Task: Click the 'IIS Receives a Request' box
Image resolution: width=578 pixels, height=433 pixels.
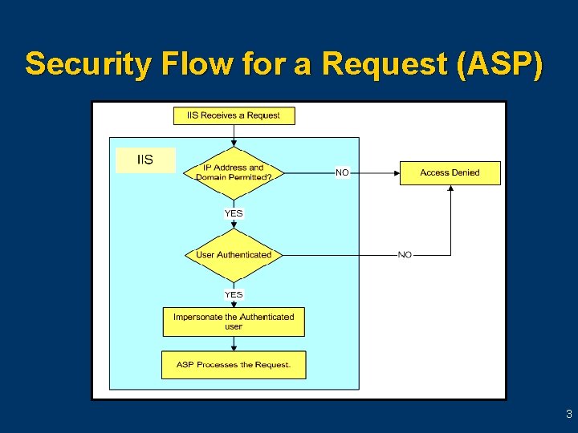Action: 234,115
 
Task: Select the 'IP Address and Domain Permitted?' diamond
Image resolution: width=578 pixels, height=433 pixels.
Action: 234,172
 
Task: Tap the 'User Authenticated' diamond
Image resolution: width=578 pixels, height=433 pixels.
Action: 234,255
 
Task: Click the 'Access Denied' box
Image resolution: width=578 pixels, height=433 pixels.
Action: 450,172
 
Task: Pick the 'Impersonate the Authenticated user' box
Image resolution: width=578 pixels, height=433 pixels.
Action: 234,322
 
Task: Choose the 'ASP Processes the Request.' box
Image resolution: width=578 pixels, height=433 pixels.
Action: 234,365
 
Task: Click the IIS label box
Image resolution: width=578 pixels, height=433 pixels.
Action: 145,160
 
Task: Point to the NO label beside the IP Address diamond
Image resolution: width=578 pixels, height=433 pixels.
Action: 342,172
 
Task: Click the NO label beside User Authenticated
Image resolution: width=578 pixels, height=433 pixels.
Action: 405,255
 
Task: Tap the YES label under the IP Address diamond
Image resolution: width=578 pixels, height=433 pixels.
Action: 234,213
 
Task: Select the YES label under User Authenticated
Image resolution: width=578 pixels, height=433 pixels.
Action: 234,294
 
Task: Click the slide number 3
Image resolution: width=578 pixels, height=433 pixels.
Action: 568,415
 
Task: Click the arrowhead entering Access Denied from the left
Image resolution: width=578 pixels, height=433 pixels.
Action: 396,172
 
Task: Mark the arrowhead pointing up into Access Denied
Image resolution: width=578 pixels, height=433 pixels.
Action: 450,189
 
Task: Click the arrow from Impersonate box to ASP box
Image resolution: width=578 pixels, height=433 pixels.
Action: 234,344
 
